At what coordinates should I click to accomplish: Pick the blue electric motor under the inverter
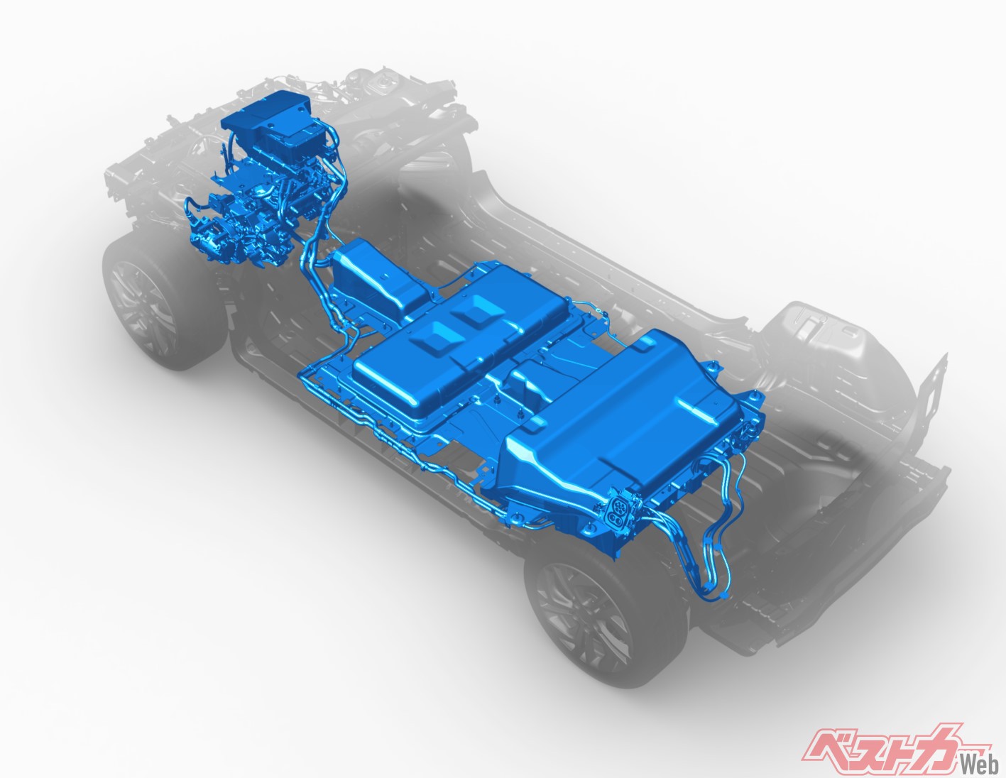tap(259, 208)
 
